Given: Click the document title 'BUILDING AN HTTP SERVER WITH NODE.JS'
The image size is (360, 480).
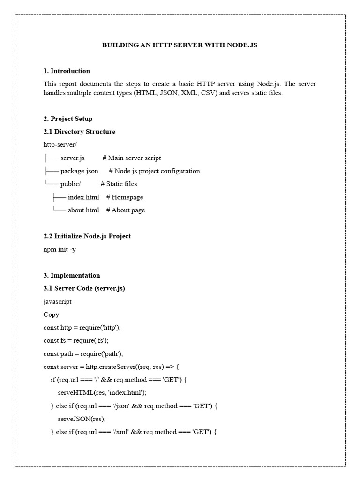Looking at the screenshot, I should point(180,45).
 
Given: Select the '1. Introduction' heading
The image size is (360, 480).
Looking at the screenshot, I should point(67,71).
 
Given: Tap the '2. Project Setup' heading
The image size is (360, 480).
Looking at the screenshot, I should point(68,119).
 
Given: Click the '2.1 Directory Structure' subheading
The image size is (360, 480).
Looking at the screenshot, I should point(79,132).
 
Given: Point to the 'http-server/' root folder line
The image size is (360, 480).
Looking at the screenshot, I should point(60,145).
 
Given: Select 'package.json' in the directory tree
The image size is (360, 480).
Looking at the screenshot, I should point(79,171).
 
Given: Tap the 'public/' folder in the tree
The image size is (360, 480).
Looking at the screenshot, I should point(71,184).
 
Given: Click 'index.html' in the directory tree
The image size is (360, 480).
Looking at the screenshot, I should point(83,197).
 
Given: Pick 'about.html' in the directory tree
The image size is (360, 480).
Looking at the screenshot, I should point(83,210).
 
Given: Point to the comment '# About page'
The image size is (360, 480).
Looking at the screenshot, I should point(126,210).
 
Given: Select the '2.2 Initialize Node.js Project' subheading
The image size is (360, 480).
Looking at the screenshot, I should point(87,236).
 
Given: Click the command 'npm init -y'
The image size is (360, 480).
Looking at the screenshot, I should point(60,249).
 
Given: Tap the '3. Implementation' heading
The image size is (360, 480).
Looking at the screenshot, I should point(72,276).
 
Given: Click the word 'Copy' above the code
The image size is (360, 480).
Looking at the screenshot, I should point(52,315).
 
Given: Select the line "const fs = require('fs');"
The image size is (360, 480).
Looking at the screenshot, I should point(79,341).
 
